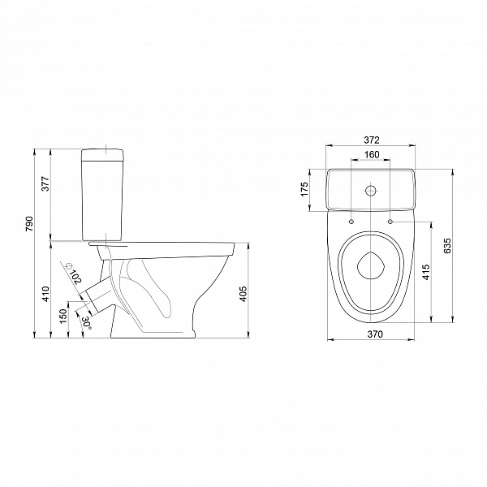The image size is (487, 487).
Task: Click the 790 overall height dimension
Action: coord(29,224)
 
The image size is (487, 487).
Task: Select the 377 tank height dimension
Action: coord(45,184)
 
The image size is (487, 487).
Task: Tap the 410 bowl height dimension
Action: coord(45,294)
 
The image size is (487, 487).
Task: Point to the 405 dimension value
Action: coord(243,294)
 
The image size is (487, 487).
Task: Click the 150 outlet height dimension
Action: coord(63,317)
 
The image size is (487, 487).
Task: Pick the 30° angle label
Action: coord(87,323)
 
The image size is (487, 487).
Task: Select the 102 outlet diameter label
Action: coord(76,277)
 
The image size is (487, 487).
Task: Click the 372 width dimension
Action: coord(372,140)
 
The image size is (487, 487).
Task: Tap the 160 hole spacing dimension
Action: coord(372,154)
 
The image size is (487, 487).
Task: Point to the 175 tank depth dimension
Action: coord(304,189)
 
